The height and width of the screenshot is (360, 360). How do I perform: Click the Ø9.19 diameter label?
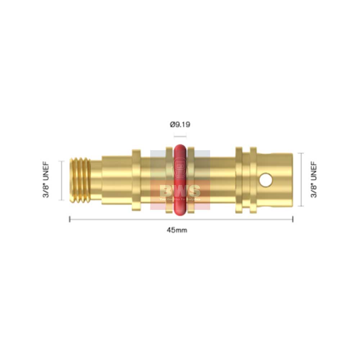click(x=180, y=125)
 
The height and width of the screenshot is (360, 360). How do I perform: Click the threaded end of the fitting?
click(x=79, y=180)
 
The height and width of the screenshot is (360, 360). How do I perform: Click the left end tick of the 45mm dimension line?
click(x=69, y=219)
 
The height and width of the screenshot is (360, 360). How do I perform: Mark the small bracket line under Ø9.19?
click(x=180, y=136)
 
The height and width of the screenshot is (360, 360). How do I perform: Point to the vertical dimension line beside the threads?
click(x=62, y=180)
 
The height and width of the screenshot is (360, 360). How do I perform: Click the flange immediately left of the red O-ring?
click(x=169, y=180)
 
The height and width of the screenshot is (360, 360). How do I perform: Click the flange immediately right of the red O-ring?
click(x=191, y=180)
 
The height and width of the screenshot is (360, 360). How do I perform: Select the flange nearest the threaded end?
click(x=136, y=180)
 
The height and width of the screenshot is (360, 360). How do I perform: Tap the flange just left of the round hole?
click(x=253, y=180)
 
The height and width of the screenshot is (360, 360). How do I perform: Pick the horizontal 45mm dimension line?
click(x=216, y=219)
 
